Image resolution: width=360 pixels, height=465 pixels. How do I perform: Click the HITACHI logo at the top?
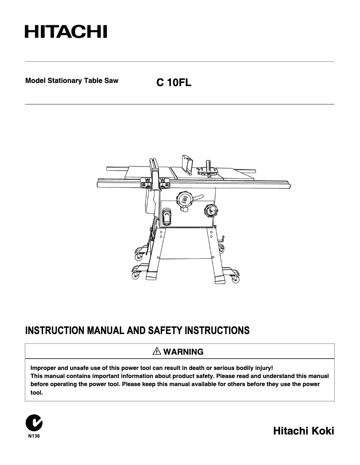[66, 32]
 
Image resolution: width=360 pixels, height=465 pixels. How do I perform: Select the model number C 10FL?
[174, 83]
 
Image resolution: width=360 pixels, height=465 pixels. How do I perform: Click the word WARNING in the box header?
[183, 352]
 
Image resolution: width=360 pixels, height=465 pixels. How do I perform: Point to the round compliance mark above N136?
[34, 423]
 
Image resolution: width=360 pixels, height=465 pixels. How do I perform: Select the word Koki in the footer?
[321, 431]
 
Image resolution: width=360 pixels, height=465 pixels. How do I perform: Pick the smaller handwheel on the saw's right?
[210, 209]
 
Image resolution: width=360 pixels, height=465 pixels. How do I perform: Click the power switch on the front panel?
[167, 217]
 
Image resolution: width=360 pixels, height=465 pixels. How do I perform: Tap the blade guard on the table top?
[187, 164]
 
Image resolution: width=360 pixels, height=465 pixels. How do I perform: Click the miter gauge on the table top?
[208, 169]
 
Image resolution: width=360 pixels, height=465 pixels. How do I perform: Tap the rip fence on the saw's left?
[154, 170]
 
